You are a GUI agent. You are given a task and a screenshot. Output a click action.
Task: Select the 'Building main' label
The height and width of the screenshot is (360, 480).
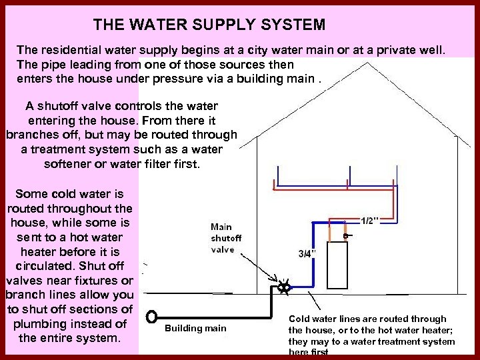(195, 328)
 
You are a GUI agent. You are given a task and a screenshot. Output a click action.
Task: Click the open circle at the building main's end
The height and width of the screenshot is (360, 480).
(152, 315)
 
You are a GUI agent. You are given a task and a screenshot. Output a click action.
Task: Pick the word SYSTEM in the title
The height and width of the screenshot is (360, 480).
(292, 25)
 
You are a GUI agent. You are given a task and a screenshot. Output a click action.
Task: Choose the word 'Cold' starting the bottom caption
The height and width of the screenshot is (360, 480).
(299, 319)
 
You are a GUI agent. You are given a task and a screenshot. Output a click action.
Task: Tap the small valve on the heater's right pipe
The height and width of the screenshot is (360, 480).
(346, 235)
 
